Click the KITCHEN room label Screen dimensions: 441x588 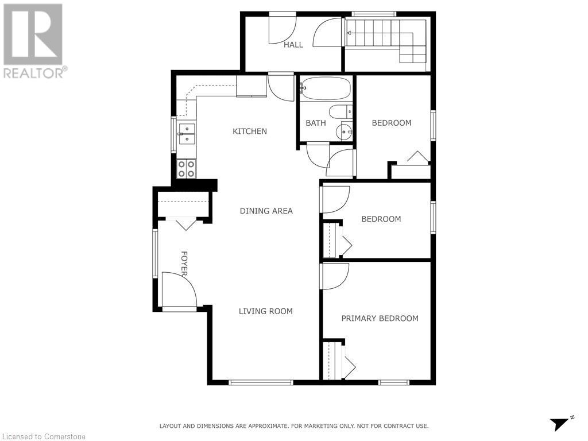point(249,131)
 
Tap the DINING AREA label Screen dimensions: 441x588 point(266,211)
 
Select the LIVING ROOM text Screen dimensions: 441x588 point(265,311)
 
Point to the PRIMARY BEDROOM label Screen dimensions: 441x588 point(380,318)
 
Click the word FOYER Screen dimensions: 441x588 point(185,264)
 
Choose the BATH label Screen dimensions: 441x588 point(316,123)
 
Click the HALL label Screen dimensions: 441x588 point(293,45)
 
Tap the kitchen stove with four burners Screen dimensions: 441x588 point(186,168)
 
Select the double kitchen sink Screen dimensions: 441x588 point(186,133)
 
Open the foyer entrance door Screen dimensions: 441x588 point(179,291)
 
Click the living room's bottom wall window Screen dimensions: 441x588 point(261,382)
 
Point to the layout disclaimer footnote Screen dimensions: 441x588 point(293,426)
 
